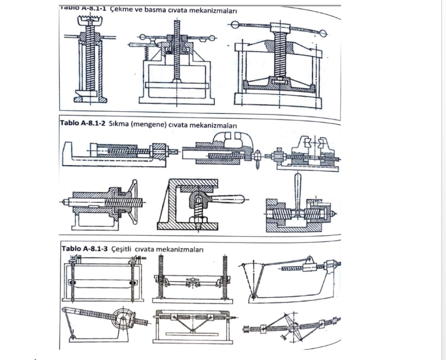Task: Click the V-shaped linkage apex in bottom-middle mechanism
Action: [192, 330]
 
